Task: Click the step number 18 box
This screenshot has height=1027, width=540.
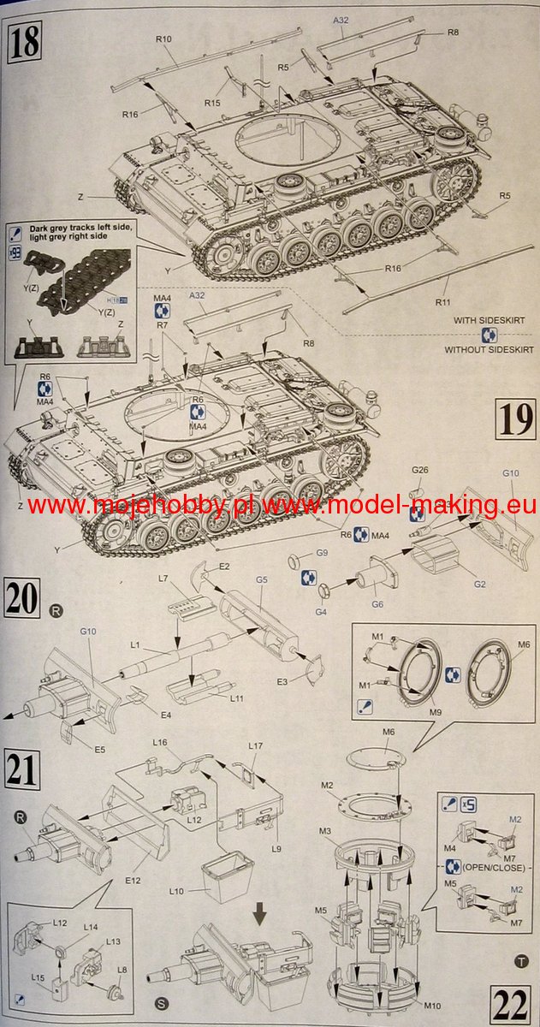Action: (25, 41)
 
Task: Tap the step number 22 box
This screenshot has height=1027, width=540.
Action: (512, 1000)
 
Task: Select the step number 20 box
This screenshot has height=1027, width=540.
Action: (23, 597)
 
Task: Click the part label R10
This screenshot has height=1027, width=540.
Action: (164, 39)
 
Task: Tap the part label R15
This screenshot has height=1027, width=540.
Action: (212, 103)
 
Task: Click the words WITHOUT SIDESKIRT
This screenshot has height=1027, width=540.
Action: (489, 349)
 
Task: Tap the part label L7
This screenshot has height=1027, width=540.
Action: (163, 579)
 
